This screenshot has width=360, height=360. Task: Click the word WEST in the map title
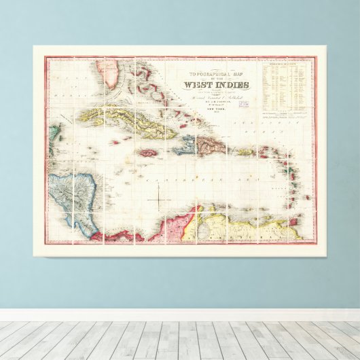(x=195, y=86)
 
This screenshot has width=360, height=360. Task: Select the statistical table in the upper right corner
(x=285, y=84)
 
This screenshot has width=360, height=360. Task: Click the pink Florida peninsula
(x=108, y=73)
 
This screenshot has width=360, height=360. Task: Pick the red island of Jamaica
(x=147, y=153)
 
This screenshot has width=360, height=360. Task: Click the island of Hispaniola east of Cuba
(x=211, y=145)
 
